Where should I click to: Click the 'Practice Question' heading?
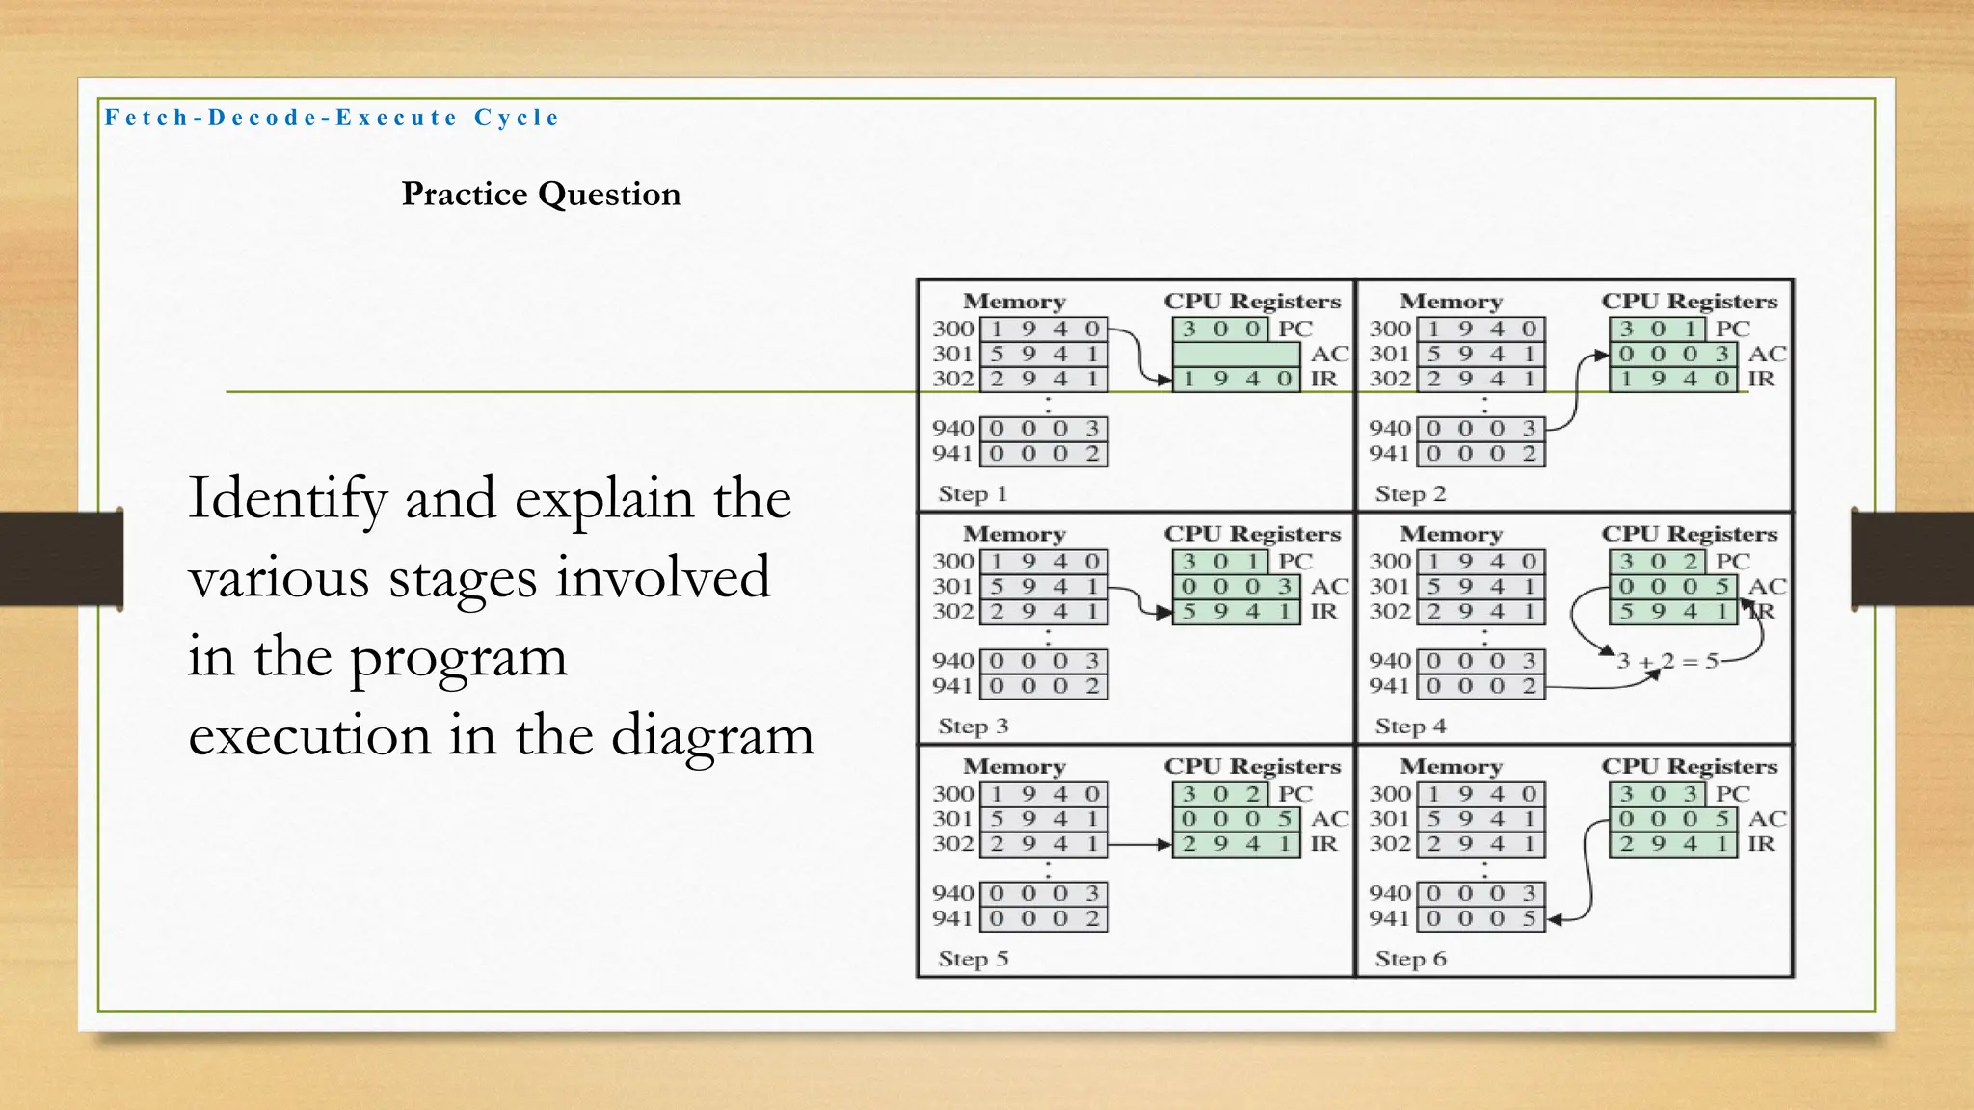coord(541,194)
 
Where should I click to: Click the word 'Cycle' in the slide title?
coord(517,118)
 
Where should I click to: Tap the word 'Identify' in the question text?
coord(287,498)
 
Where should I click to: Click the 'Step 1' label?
coord(973,494)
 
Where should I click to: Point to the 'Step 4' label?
coord(1410,727)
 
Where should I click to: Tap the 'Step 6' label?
coord(1410,959)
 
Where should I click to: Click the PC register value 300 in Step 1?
coord(1220,329)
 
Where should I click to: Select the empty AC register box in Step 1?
coord(1236,354)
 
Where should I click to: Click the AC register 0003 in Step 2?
coord(1673,354)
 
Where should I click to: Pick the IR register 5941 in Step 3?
coord(1236,611)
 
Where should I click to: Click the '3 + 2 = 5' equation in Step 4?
coord(1667,661)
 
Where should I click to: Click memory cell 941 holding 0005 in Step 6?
coord(1480,918)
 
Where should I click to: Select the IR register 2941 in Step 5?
coord(1236,844)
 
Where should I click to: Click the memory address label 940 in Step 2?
coord(1389,428)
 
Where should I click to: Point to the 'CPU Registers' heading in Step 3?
coord(1252,534)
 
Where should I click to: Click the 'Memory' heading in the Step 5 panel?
coord(1014,767)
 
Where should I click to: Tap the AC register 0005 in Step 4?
coord(1673,586)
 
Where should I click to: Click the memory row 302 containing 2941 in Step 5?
coord(1044,844)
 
